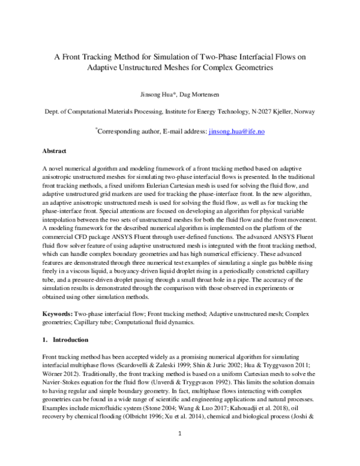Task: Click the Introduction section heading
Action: tap(64, 339)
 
